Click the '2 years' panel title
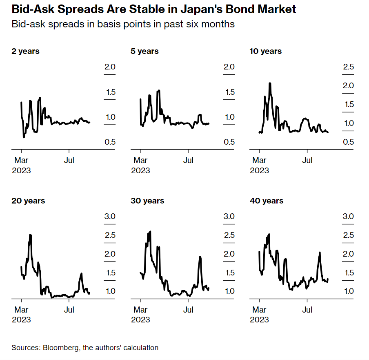(25, 51)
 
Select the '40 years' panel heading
(266, 201)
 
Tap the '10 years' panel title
(265, 51)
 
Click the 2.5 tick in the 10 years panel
(348, 67)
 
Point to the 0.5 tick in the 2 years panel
(110, 142)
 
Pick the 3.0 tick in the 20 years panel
(110, 216)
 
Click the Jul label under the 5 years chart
(188, 160)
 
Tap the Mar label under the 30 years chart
(141, 310)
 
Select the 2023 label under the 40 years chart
(260, 320)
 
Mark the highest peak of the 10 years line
(270, 83)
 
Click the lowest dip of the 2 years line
(24, 137)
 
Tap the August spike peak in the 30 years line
(200, 257)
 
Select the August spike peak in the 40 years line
(320, 253)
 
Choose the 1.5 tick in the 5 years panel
(229, 92)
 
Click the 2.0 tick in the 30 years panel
(229, 254)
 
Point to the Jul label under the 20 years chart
(69, 310)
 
